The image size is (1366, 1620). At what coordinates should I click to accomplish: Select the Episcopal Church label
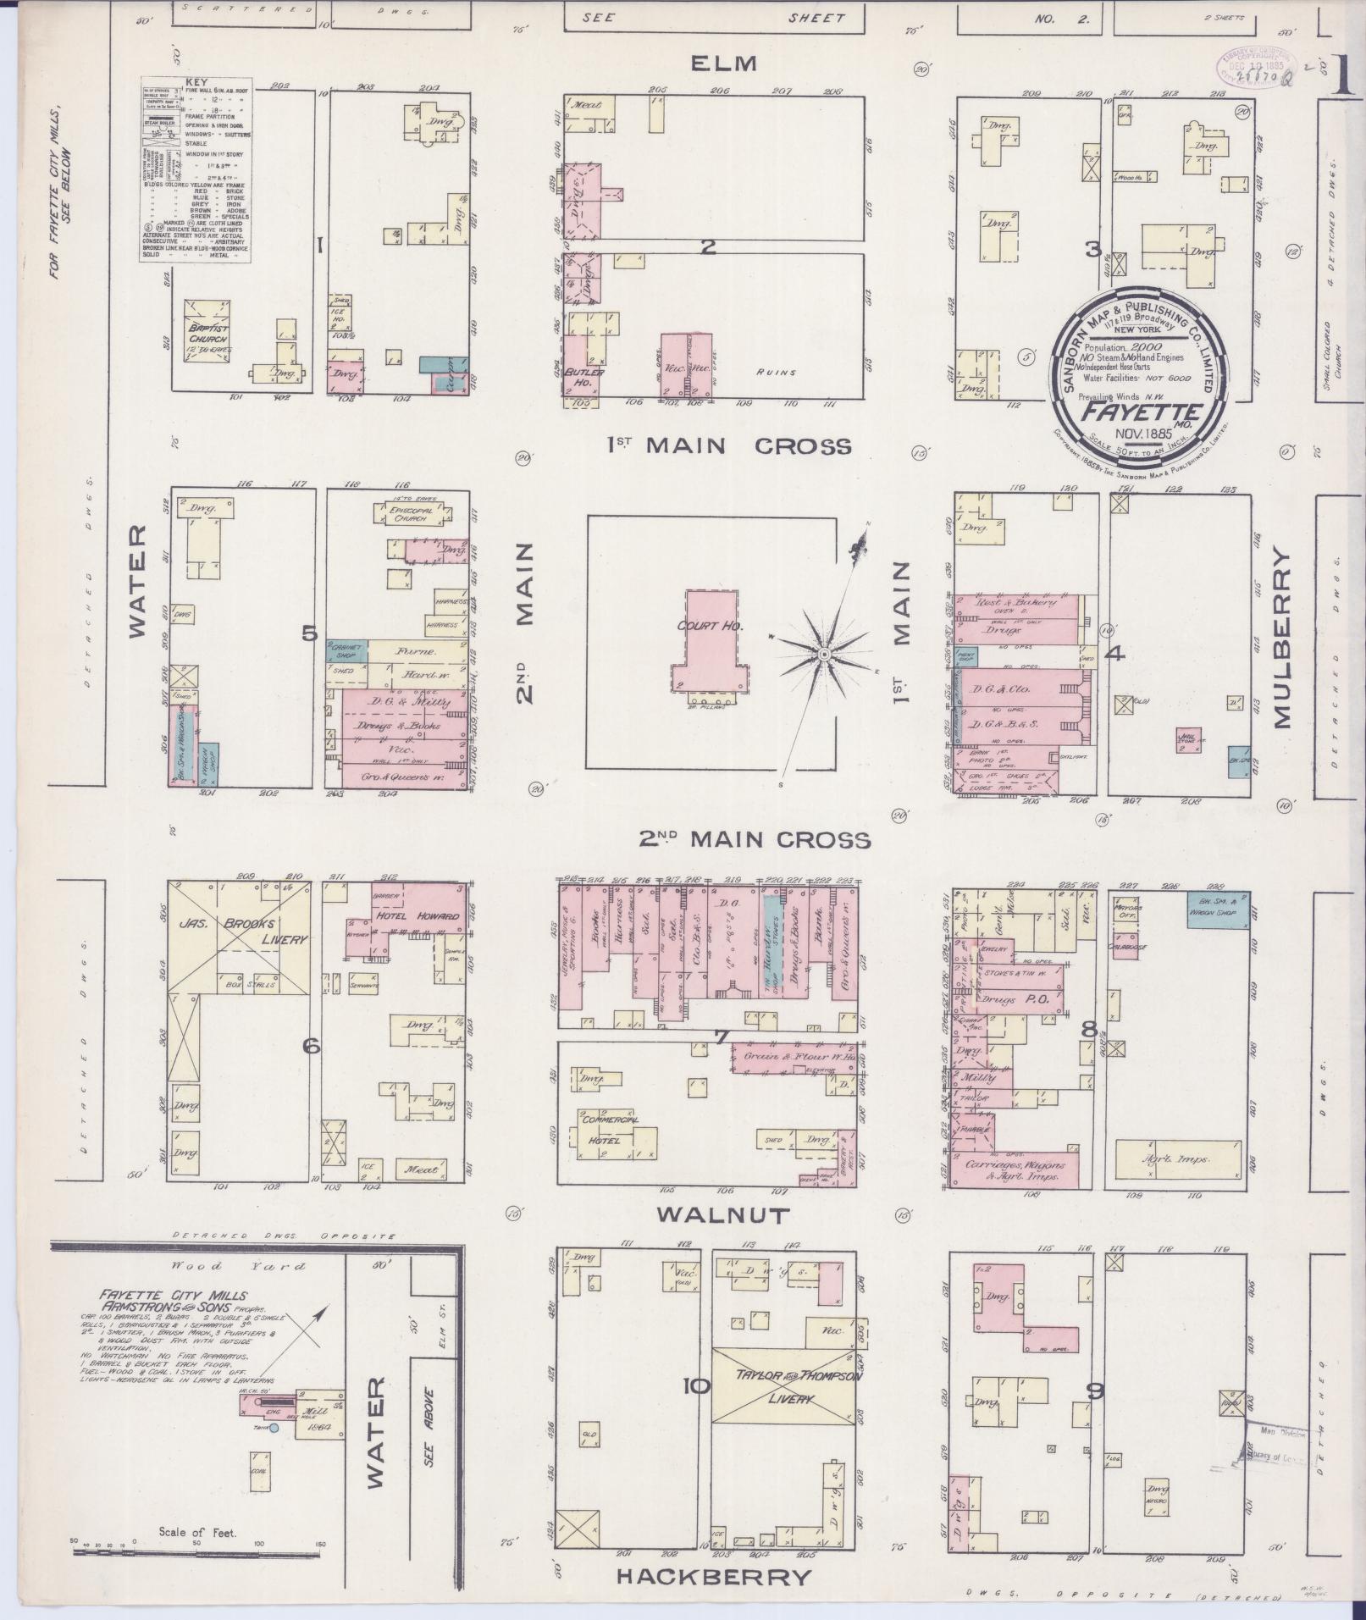411,514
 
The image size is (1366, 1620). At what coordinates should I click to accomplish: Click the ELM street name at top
722,64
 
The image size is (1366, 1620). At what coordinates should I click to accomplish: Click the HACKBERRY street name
713,1577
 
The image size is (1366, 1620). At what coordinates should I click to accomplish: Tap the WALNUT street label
723,1215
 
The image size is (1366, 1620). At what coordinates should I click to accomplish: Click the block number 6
312,1047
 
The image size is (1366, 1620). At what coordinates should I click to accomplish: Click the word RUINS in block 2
775,372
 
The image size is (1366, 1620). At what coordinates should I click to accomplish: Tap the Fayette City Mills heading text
173,1295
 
